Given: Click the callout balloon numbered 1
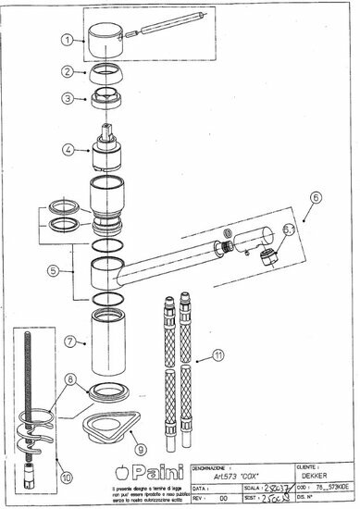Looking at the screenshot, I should pyautogui.click(x=68, y=40).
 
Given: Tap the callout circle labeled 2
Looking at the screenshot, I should pyautogui.click(x=68, y=71).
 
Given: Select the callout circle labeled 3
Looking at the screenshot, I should pyautogui.click(x=68, y=97).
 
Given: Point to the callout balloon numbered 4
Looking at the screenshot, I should pyautogui.click(x=68, y=148).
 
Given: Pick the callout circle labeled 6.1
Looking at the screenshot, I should pyautogui.click(x=288, y=230).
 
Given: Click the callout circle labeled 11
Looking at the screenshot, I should pyautogui.click(x=218, y=354).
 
